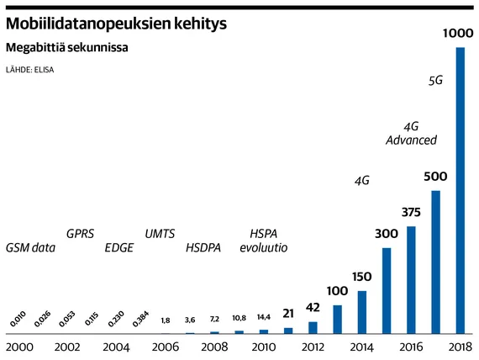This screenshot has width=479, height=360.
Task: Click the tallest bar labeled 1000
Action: (460, 190)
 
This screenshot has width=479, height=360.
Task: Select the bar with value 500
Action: (435, 262)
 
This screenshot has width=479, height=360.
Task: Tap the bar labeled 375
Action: (411, 280)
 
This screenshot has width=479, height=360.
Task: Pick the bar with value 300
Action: (387, 290)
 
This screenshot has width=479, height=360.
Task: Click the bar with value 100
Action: (338, 320)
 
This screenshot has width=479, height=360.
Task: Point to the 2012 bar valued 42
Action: (313, 327)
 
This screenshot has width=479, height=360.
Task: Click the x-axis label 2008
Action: (214, 347)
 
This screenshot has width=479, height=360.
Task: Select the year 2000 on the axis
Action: (19, 347)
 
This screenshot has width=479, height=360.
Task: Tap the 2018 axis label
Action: (461, 347)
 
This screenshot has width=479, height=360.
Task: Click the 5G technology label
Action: (435, 81)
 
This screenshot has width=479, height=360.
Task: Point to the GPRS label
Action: (80, 234)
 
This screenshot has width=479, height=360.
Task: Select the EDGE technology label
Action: (119, 247)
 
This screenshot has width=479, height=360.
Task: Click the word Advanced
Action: (411, 140)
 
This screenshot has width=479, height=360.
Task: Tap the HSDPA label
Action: (203, 247)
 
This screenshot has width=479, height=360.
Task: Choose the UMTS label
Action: (160, 234)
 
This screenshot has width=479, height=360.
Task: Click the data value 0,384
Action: (141, 319)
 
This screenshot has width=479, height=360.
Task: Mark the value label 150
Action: (362, 277)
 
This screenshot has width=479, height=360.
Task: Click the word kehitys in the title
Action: (200, 24)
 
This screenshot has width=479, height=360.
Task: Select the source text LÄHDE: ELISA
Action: (30, 70)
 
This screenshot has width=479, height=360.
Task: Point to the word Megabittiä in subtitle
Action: (34, 47)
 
